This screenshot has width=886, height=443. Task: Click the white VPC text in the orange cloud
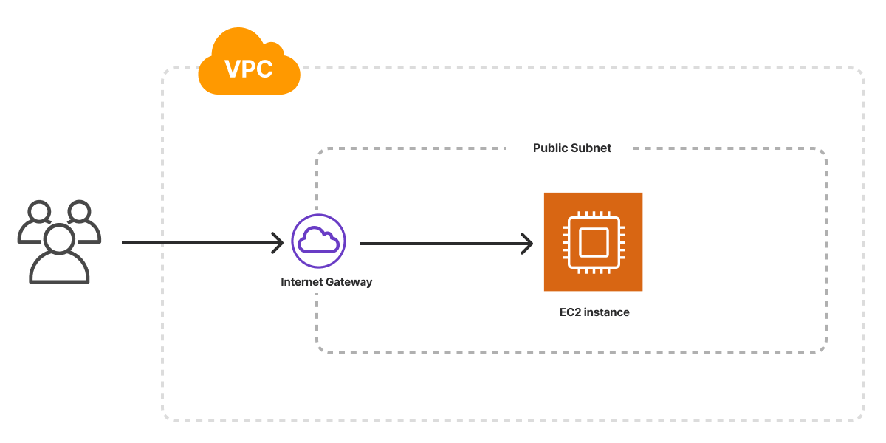[x=249, y=69]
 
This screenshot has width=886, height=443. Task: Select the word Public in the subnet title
[x=550, y=148]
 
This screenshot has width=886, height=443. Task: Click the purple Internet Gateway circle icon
[x=319, y=241]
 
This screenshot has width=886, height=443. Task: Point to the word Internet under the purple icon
[x=302, y=282]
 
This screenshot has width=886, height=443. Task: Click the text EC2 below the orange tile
[x=571, y=312]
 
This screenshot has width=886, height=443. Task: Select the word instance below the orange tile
[x=608, y=312]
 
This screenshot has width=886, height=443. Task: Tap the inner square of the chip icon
[x=593, y=241]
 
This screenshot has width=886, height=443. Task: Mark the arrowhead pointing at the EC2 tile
[x=528, y=243]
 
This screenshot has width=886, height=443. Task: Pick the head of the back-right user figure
[x=79, y=212]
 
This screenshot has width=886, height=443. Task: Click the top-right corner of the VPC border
[x=862, y=70]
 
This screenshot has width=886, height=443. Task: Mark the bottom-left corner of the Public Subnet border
[x=319, y=351]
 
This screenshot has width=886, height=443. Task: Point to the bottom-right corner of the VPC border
[x=862, y=419]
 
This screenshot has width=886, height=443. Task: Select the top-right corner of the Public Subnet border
[x=824, y=151]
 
